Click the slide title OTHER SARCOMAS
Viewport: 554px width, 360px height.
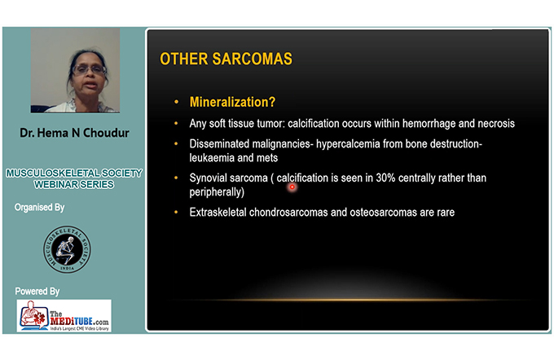click(226, 59)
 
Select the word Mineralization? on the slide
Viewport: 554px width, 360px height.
click(232, 102)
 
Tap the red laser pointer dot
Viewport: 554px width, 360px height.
click(292, 187)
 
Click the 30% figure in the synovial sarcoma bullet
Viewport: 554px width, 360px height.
click(385, 178)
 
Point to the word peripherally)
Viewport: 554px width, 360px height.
click(217, 192)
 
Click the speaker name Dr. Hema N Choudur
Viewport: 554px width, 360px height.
click(74, 133)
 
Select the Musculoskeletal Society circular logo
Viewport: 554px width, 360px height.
click(67, 249)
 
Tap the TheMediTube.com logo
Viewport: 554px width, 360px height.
click(64, 316)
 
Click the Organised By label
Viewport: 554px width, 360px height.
click(40, 208)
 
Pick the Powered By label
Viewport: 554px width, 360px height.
click(37, 292)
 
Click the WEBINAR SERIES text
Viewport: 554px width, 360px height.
click(74, 184)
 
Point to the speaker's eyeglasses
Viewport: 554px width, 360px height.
click(89, 69)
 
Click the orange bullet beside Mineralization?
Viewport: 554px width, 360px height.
click(176, 102)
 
